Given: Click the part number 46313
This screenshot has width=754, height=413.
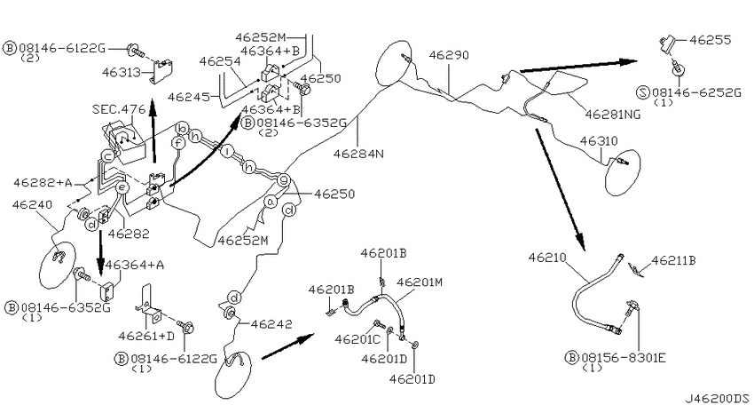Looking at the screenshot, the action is point(122,72).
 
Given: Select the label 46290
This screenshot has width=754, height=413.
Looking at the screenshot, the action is point(449,55).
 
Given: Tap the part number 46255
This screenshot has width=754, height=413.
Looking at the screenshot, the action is point(711,39).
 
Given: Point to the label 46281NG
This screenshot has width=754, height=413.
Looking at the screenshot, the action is point(613,114).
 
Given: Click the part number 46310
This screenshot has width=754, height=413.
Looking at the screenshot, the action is point(599,141).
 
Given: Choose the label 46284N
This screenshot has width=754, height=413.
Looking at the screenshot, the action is point(358,154).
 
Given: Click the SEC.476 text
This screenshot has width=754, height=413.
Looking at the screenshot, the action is point(119,109).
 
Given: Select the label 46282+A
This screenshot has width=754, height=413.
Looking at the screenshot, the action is point(43,182).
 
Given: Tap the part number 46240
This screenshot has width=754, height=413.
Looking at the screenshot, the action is point(32,204).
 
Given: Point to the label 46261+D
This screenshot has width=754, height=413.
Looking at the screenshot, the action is point(146,336).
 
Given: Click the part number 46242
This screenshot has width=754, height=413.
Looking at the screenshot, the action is point(271,324).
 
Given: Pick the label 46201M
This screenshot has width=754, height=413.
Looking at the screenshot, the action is point(420,282).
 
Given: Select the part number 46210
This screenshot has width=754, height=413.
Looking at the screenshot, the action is point(547,258).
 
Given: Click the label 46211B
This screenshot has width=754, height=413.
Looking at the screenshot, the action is point(673,260).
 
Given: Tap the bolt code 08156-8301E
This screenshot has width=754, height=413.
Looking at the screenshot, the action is point(624,358).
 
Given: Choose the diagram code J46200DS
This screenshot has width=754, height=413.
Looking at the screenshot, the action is point(717,399).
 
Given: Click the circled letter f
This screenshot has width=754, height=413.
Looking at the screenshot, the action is point(178,143).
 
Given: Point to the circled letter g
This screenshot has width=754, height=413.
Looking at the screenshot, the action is point(284,180).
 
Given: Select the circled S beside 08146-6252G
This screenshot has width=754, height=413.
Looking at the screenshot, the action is point(643,92).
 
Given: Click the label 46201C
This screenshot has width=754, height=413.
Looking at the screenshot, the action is point(357,339).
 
